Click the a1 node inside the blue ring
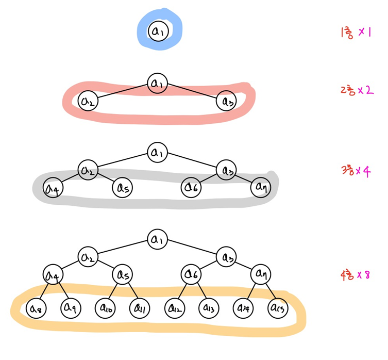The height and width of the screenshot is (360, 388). coord(158,31)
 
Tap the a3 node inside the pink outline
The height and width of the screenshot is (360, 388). coord(226,102)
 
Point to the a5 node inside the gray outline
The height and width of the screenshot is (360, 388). coord(122,188)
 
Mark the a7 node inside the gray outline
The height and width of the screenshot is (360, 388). coord(260,188)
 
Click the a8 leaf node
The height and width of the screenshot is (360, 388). coord(35,308)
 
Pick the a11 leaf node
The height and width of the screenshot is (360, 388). coord(139,308)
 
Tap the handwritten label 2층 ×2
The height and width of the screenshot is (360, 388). coord(356,90)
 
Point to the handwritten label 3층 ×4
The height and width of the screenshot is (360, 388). coord(356,171)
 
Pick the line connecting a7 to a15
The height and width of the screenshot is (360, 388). coord(269,290)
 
